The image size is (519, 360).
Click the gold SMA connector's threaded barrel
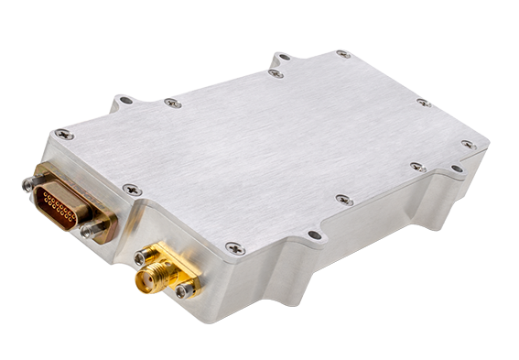coord(146,275)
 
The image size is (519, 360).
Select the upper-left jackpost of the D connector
coord(29,183)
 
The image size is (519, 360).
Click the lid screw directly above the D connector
coord(64,134)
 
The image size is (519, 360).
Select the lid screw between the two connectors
coord(131,190)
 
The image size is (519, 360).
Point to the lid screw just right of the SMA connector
coord(233,247)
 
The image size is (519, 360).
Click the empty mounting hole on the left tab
coord(125,100)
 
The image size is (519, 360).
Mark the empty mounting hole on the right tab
coord(456,169)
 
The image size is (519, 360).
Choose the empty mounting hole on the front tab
coord(314,235)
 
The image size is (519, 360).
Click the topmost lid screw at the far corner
coord(342,54)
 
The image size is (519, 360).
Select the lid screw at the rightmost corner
coord(468,144)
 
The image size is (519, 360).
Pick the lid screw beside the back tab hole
coord(276,72)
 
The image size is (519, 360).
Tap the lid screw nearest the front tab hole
coord(344,199)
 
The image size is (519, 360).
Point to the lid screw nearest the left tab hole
coord(171,104)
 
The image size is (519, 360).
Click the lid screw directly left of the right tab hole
coord(417,167)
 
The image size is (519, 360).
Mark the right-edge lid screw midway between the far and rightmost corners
coord(424,103)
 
